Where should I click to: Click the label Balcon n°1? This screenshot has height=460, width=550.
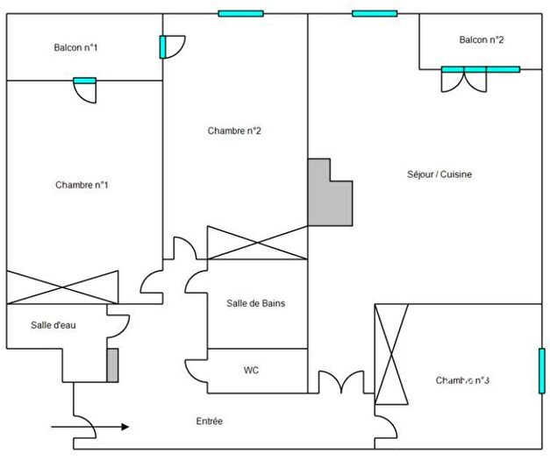[75, 47]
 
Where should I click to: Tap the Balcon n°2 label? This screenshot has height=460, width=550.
[481, 39]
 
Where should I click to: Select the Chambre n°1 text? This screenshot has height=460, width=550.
[82, 185]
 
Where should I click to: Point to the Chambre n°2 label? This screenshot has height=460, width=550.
[234, 131]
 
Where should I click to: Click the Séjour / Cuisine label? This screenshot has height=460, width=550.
[439, 174]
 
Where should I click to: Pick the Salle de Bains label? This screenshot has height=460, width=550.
[255, 303]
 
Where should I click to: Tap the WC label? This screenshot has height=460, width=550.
[251, 370]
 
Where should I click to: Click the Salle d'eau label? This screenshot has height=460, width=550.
[54, 325]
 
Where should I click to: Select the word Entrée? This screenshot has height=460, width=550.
[209, 421]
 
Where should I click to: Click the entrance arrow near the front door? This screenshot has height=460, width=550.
[90, 428]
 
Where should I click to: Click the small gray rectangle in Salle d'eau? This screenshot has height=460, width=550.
[112, 364]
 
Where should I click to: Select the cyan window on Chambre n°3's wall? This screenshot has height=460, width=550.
[541, 371]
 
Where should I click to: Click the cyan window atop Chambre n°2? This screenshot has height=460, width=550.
[240, 13]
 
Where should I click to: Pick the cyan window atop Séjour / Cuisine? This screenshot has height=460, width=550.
[374, 13]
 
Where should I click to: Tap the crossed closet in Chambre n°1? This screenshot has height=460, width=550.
[62, 287]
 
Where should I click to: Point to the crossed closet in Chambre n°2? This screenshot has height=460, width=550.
[257, 243]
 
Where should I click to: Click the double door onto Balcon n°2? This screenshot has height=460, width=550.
[463, 81]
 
